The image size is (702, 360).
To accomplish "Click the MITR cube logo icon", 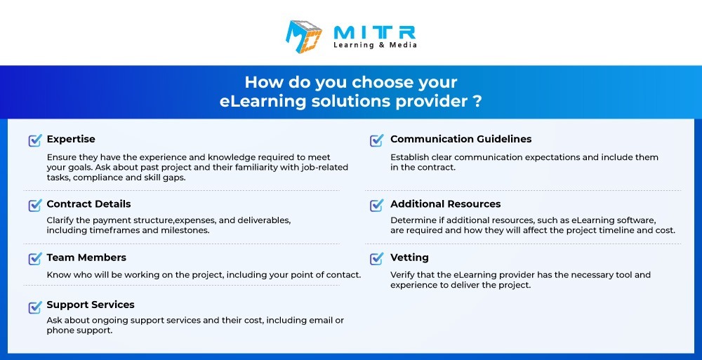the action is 304,36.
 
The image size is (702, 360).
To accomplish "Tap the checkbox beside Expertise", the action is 35,140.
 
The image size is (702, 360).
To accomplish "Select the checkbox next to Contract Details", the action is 35,205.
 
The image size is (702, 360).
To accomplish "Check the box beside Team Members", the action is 35,258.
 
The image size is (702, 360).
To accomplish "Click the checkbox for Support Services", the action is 35,307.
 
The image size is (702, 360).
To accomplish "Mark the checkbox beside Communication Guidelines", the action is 377,140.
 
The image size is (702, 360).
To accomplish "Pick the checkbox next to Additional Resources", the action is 377,205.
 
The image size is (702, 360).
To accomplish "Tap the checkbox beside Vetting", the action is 377,258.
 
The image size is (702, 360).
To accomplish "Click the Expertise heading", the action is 71,139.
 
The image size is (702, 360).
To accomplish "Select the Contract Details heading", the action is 88,204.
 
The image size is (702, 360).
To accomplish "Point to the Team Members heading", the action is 86,258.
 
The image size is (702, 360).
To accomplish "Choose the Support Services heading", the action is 91,305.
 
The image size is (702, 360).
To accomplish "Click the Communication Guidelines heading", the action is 461,139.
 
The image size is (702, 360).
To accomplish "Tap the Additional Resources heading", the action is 446,204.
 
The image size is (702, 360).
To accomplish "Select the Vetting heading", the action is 409,258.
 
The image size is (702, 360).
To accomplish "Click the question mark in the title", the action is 477,101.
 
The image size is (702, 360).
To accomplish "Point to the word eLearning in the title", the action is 263,102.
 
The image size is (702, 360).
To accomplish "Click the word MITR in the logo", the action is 375,32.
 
